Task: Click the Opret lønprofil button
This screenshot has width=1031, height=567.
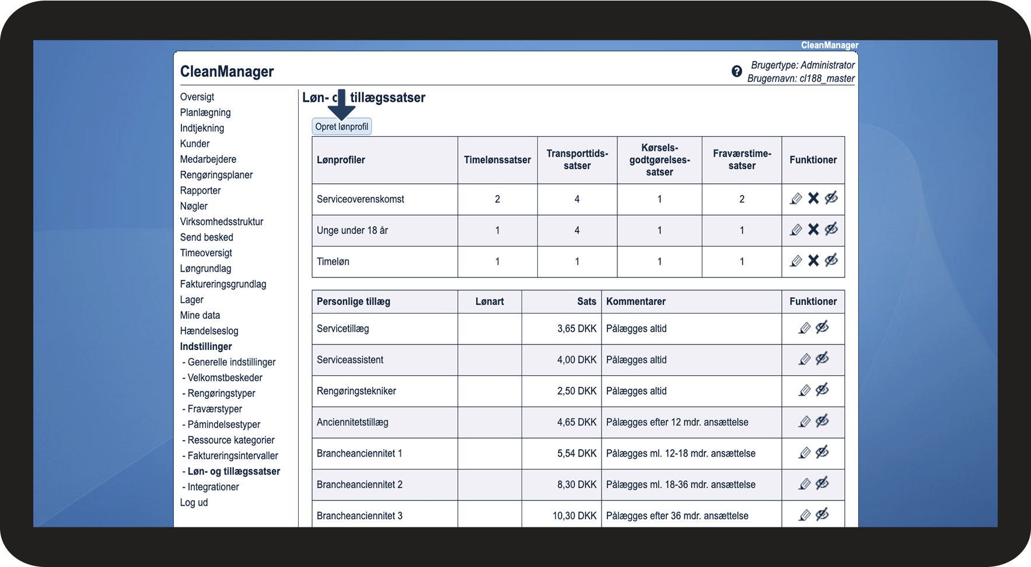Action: (x=341, y=127)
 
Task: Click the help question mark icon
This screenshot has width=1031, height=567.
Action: (x=737, y=71)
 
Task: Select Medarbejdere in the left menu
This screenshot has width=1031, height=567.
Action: (x=208, y=159)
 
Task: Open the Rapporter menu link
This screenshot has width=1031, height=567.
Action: (x=200, y=190)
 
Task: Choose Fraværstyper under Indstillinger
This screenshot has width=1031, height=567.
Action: (x=214, y=409)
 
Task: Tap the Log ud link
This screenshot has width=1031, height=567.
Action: (x=194, y=502)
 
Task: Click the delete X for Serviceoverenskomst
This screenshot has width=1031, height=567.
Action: (x=813, y=199)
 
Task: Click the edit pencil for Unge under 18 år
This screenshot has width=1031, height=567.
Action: (x=796, y=230)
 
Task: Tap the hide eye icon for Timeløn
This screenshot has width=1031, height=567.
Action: (x=831, y=260)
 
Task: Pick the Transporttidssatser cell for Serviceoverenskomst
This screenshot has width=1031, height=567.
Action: (x=577, y=199)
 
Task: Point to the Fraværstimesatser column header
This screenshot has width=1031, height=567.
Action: (x=742, y=159)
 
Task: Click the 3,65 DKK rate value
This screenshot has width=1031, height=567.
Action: (x=576, y=329)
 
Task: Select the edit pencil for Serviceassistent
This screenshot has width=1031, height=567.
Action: (x=805, y=360)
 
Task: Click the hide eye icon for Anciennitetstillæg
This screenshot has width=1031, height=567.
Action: (x=822, y=421)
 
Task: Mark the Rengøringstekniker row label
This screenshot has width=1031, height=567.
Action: (x=356, y=391)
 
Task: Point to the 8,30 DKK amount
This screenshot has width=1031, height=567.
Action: (x=576, y=485)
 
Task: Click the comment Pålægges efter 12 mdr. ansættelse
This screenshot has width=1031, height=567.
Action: (x=677, y=422)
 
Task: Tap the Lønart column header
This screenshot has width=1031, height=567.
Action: (x=489, y=301)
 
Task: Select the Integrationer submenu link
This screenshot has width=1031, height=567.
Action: (x=213, y=487)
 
